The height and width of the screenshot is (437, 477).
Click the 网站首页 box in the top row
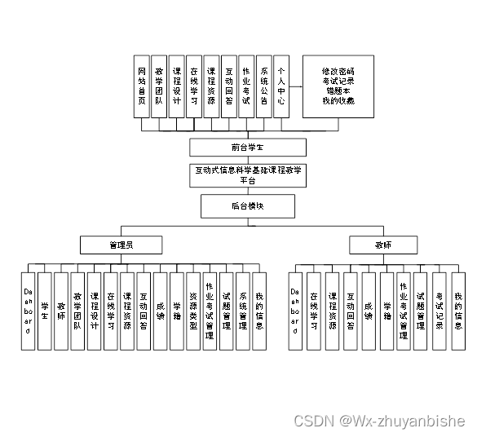[142, 86]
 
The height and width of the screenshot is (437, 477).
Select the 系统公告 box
[263, 86]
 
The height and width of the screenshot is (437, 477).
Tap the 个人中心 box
[280, 86]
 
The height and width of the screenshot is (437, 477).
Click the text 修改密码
[337, 70]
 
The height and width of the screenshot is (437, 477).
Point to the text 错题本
[337, 90]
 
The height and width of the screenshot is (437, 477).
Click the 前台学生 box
[248, 148]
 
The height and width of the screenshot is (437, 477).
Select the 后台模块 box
[248, 206]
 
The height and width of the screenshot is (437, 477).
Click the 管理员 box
[121, 245]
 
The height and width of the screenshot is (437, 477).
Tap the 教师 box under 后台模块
[383, 245]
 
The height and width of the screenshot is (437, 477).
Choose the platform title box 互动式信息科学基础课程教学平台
[248, 175]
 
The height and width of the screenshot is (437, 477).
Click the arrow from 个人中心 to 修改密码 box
[295, 86]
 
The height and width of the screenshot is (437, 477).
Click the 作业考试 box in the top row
[246, 86]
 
